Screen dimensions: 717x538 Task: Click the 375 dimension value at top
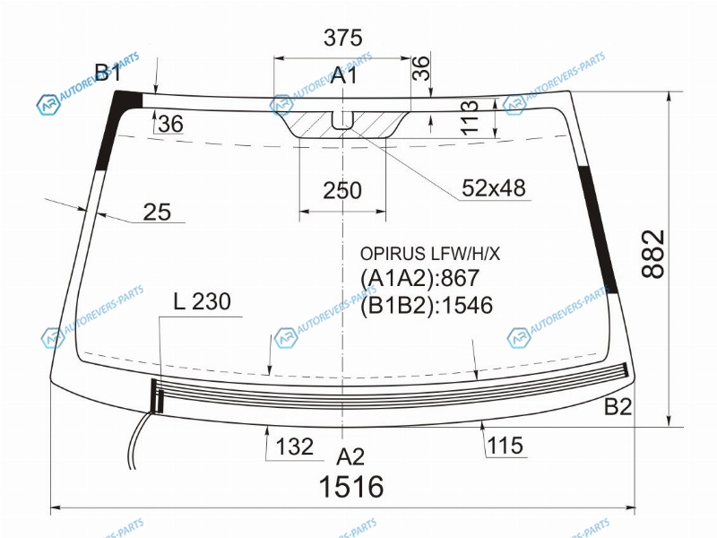coord(343,38)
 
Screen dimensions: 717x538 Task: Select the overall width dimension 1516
coord(351,486)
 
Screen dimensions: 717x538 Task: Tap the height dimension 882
coord(652,254)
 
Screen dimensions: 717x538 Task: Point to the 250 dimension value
coord(342,190)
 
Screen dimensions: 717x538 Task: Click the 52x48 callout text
coord(494,188)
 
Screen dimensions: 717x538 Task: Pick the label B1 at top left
coord(108,72)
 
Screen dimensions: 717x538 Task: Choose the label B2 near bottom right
coord(618,407)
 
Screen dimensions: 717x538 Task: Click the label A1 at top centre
coord(343,75)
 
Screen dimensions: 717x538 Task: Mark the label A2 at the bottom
coord(350,456)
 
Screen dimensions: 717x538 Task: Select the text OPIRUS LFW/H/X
coord(430,254)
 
